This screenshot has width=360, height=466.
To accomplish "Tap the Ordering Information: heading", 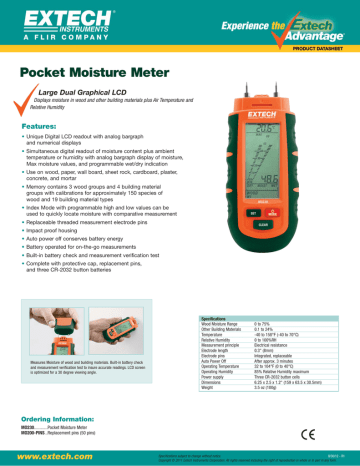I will coord(58,417).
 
